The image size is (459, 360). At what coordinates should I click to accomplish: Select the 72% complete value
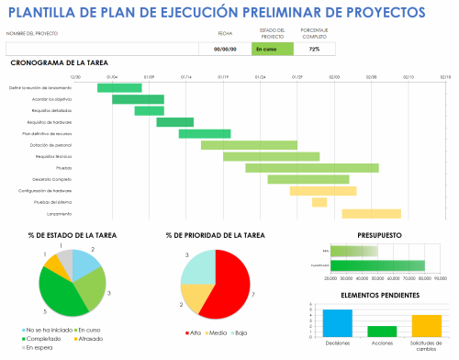315,49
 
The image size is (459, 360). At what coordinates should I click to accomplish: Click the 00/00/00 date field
225,49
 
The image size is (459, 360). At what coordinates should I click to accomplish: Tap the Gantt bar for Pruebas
312,168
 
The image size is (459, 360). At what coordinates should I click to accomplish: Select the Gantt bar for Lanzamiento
372,213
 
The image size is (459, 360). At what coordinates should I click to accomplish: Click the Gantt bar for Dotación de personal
249,145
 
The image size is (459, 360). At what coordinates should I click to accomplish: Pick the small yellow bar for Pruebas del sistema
319,202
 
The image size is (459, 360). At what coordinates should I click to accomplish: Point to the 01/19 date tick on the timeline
223,78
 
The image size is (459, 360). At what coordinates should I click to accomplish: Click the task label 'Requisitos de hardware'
50,122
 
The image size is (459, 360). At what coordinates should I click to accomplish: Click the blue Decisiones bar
337,323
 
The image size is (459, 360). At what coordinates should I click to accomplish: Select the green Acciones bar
382,332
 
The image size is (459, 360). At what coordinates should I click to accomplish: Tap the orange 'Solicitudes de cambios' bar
426,326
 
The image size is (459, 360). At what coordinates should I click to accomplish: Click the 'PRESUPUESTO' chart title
379,234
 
